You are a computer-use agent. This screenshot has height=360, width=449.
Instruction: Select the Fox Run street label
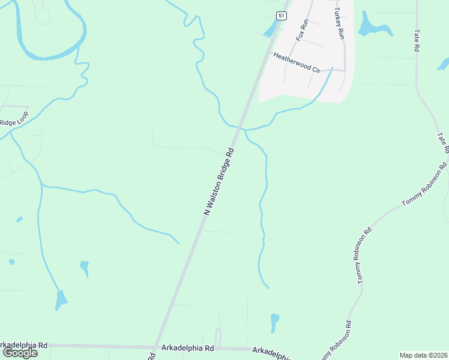(x=302, y=29)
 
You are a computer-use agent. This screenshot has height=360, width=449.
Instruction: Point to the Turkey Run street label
(x=340, y=25)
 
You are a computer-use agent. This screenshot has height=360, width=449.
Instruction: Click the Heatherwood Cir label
(x=297, y=62)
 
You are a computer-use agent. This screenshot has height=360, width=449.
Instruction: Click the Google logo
(x=19, y=352)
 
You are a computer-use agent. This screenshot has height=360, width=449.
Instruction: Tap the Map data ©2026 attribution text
(x=423, y=355)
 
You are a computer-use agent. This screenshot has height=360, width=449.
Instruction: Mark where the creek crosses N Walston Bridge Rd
(x=239, y=128)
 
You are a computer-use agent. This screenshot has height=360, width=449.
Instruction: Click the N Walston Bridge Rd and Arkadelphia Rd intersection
(x=157, y=347)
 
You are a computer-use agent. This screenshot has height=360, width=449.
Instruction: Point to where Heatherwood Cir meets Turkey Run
(x=345, y=71)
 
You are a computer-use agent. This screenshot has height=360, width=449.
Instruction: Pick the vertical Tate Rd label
(x=416, y=41)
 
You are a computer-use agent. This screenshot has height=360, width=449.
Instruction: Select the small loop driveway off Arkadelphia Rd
(x=218, y=338)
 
